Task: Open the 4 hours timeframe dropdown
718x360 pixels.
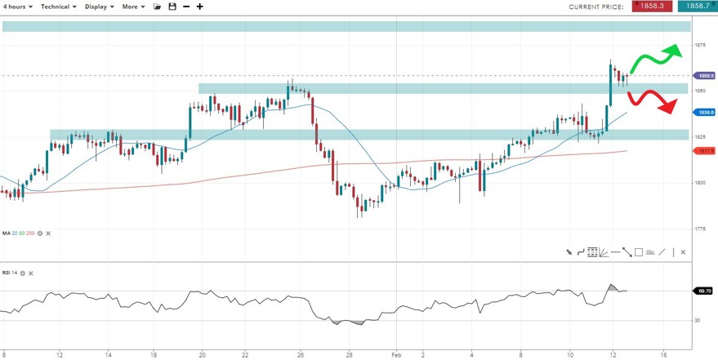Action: [x=18, y=6]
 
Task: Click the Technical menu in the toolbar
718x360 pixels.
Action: [x=58, y=6]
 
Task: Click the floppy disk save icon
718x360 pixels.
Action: [x=172, y=6]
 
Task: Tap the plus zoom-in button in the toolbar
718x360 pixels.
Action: [x=200, y=6]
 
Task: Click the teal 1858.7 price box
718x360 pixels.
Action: [x=697, y=6]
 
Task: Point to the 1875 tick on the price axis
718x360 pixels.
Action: [x=700, y=45]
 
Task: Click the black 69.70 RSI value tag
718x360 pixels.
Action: [x=703, y=290]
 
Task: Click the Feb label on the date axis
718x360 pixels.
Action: [x=395, y=355]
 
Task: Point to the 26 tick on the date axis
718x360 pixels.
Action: [x=301, y=355]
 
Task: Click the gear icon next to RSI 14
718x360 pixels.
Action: [x=23, y=273]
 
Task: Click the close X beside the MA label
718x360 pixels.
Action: [x=47, y=233]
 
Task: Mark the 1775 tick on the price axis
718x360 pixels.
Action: [x=700, y=229]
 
